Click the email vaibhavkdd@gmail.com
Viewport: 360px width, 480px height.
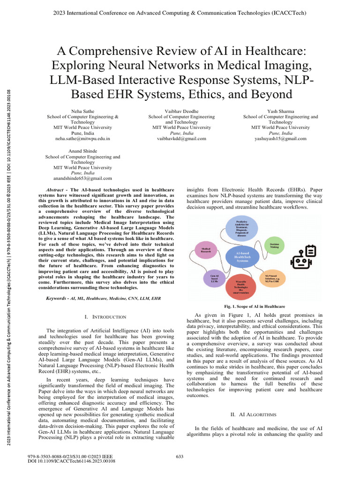click(x=181, y=139)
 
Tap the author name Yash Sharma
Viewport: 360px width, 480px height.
click(x=280, y=111)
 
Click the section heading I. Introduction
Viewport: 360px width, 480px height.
click(x=105, y=317)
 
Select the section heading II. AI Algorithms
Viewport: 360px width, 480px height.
click(x=254, y=415)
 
